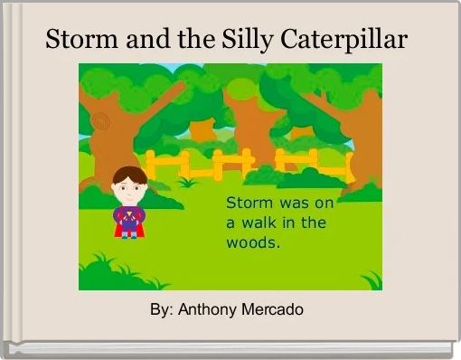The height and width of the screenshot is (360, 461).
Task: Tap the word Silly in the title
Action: [249, 41]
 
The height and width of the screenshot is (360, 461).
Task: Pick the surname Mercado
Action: [273, 309]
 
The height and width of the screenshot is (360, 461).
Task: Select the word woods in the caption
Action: [251, 243]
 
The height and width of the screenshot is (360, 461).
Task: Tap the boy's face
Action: [128, 188]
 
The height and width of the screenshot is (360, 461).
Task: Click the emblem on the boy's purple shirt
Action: [129, 215]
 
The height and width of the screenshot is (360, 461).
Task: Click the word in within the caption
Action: [290, 223]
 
